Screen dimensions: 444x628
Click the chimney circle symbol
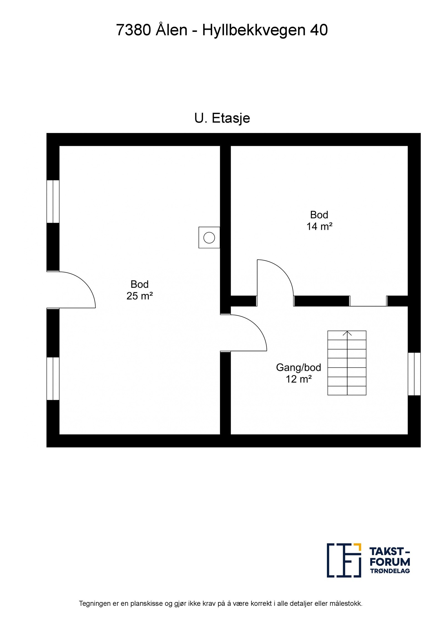(209, 238)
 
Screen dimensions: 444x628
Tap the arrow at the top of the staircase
(347, 333)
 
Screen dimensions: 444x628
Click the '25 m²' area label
(140, 296)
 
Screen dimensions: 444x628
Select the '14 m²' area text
(319, 227)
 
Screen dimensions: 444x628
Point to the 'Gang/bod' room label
(298, 368)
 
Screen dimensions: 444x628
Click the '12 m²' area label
(299, 379)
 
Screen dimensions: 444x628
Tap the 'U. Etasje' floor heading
(222, 118)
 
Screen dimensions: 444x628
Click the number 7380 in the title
(133, 30)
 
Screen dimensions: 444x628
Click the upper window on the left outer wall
(53, 201)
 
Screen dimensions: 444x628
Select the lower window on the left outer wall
(53, 379)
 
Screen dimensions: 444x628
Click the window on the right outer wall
(414, 374)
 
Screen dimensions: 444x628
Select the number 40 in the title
(319, 30)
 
